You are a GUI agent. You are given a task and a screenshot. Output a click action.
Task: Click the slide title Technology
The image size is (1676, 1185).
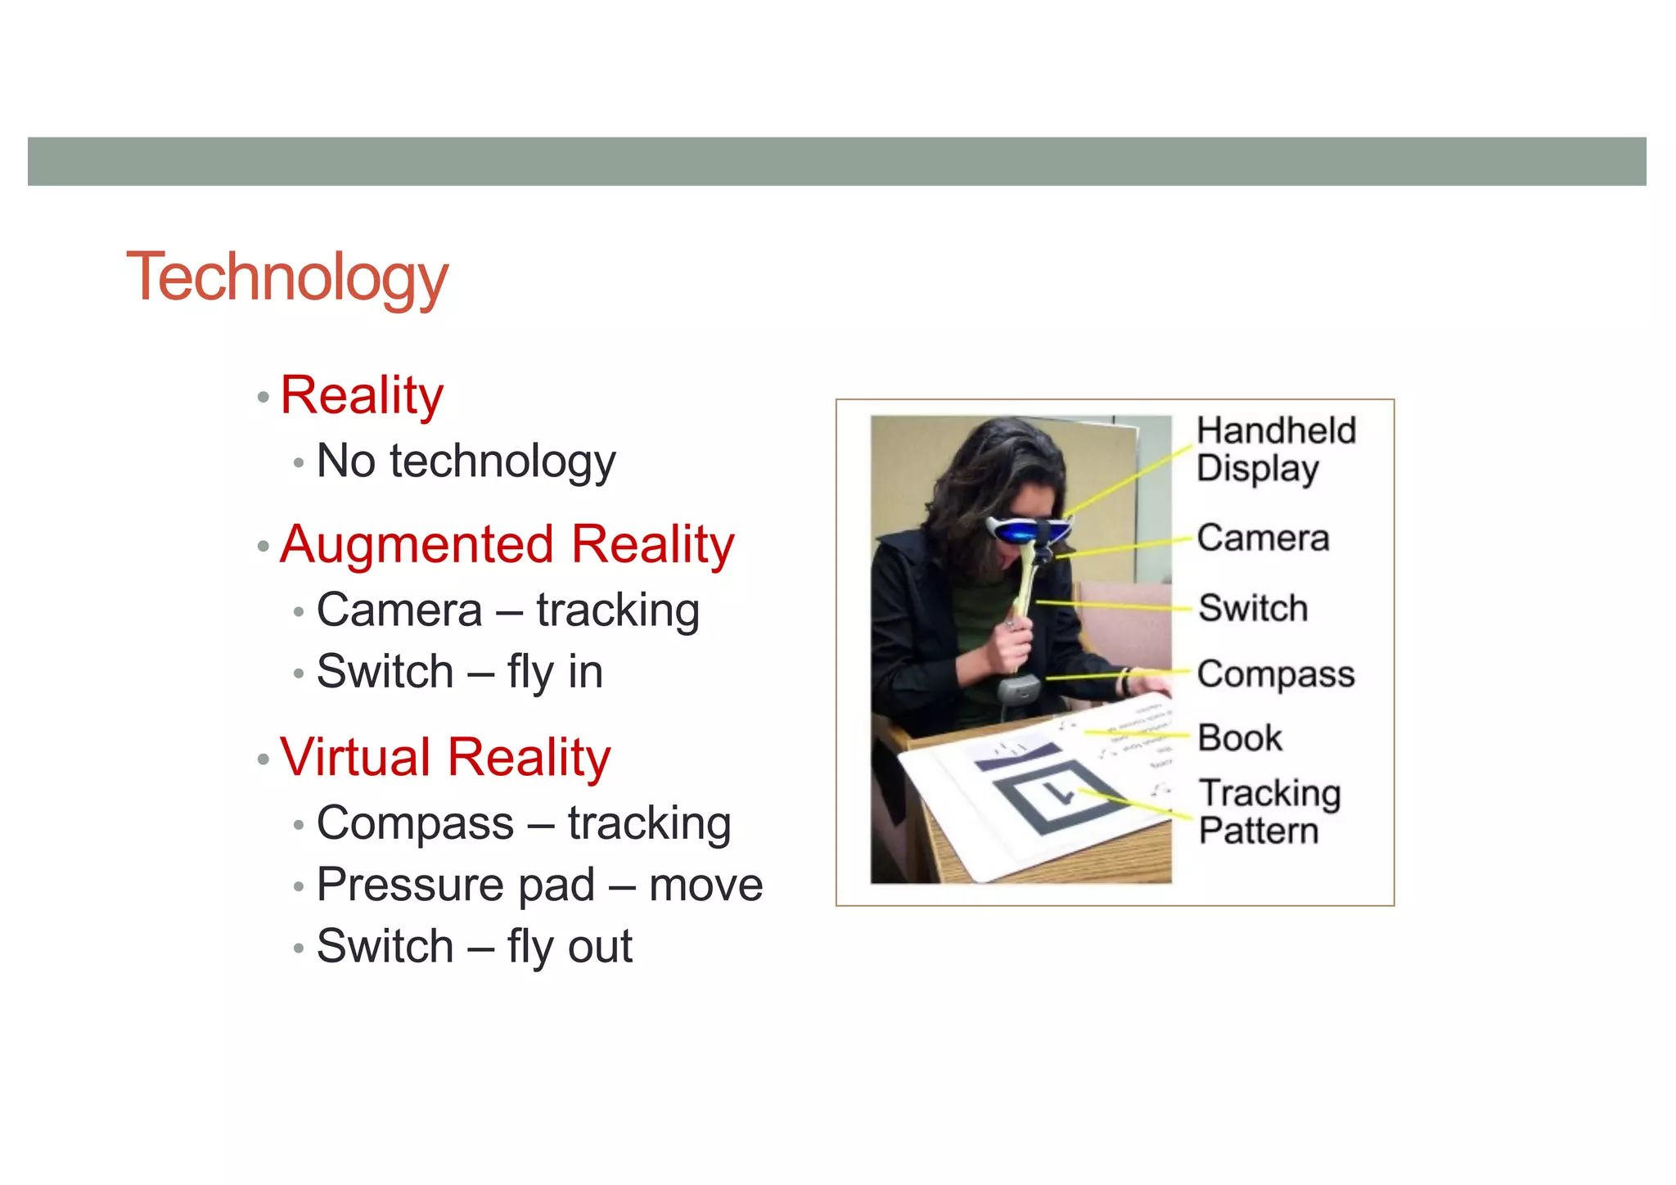point(287,278)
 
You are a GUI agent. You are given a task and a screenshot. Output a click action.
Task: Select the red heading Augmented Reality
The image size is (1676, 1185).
point(507,545)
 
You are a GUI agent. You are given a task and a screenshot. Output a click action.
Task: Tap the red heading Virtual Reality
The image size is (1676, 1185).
point(445,758)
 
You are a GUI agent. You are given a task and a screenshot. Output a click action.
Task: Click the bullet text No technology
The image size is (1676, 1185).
point(466,462)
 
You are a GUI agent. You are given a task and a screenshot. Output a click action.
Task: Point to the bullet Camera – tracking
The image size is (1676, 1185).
point(507,611)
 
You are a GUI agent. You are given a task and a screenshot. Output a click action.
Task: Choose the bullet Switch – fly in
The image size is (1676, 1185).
point(459,673)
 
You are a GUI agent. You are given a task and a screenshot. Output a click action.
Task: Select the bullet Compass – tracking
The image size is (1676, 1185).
point(524,823)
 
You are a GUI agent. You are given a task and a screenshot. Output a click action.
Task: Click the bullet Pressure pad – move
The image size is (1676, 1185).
point(539,885)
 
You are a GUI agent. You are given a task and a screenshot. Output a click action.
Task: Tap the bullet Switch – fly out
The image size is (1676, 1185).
point(474,947)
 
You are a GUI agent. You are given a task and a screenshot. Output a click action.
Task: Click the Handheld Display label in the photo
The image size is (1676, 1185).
point(1275,449)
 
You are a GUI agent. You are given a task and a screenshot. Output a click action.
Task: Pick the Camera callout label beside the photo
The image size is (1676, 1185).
point(1263,538)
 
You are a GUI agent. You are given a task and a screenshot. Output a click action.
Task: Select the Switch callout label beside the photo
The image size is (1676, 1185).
point(1253,608)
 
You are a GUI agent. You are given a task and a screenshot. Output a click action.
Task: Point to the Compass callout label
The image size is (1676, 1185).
point(1275,674)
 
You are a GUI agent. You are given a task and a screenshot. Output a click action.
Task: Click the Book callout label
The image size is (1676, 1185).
point(1240,738)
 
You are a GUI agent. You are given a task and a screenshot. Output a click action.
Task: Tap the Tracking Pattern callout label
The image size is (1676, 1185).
point(1269,812)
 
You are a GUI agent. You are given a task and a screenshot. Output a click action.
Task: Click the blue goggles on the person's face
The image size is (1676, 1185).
point(1026,530)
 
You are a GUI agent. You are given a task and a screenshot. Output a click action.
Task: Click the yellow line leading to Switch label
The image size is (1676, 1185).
point(1113,606)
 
